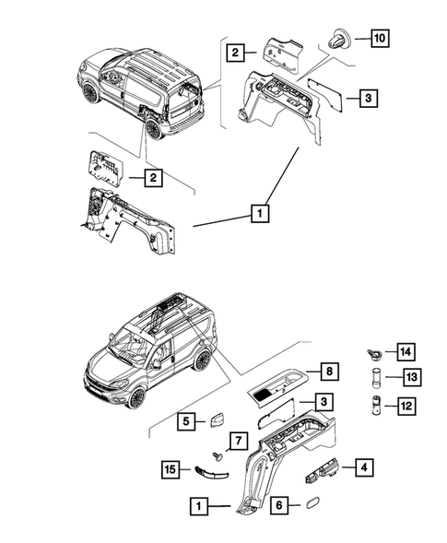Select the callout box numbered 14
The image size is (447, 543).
pyautogui.click(x=406, y=349)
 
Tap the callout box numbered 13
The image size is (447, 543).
pyautogui.click(x=406, y=376)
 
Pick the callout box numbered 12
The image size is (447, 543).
pyautogui.click(x=406, y=403)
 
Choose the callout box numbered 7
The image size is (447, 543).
pyautogui.click(x=236, y=439)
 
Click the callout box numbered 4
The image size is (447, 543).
pyautogui.click(x=366, y=469)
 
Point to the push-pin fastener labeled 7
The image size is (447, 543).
pyautogui.click(x=219, y=456)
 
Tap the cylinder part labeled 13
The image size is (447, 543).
pyautogui.click(x=375, y=377)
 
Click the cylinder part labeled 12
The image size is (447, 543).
pyautogui.click(x=375, y=404)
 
